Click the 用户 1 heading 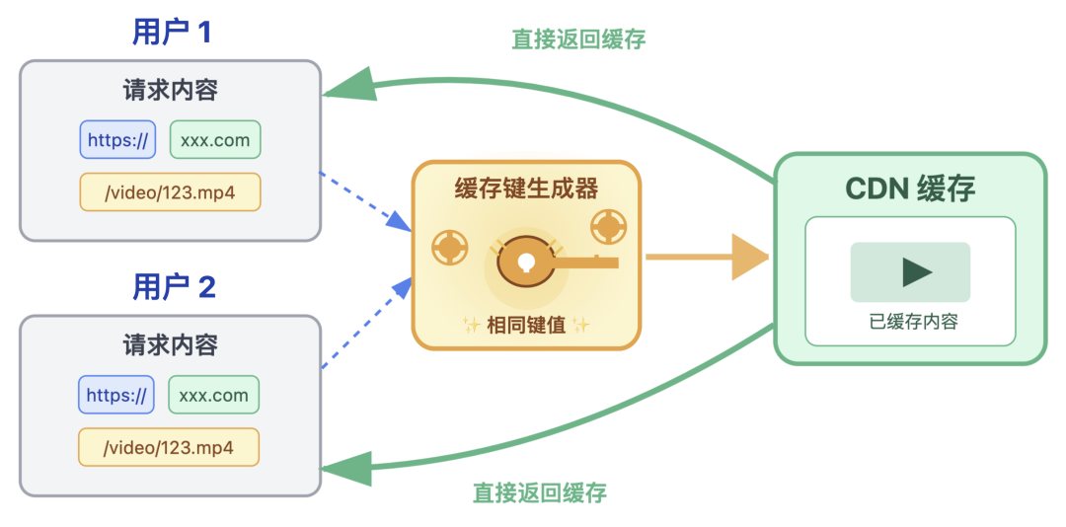pos(171,33)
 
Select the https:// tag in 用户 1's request pos(117,140)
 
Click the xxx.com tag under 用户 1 pos(215,140)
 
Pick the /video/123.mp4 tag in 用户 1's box pos(170,192)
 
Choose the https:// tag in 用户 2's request pos(116,396)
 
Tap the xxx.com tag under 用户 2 pos(214,396)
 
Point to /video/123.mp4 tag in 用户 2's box pos(169,447)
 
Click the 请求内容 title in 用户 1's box pos(171,91)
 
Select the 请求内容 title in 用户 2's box pos(171,345)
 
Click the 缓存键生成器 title pos(526,188)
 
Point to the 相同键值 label pos(526,325)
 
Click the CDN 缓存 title pos(910,189)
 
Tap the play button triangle pos(915,271)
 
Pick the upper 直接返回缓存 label pos(578,39)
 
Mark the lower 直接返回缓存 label pos(539,491)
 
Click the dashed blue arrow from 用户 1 pos(365,200)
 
